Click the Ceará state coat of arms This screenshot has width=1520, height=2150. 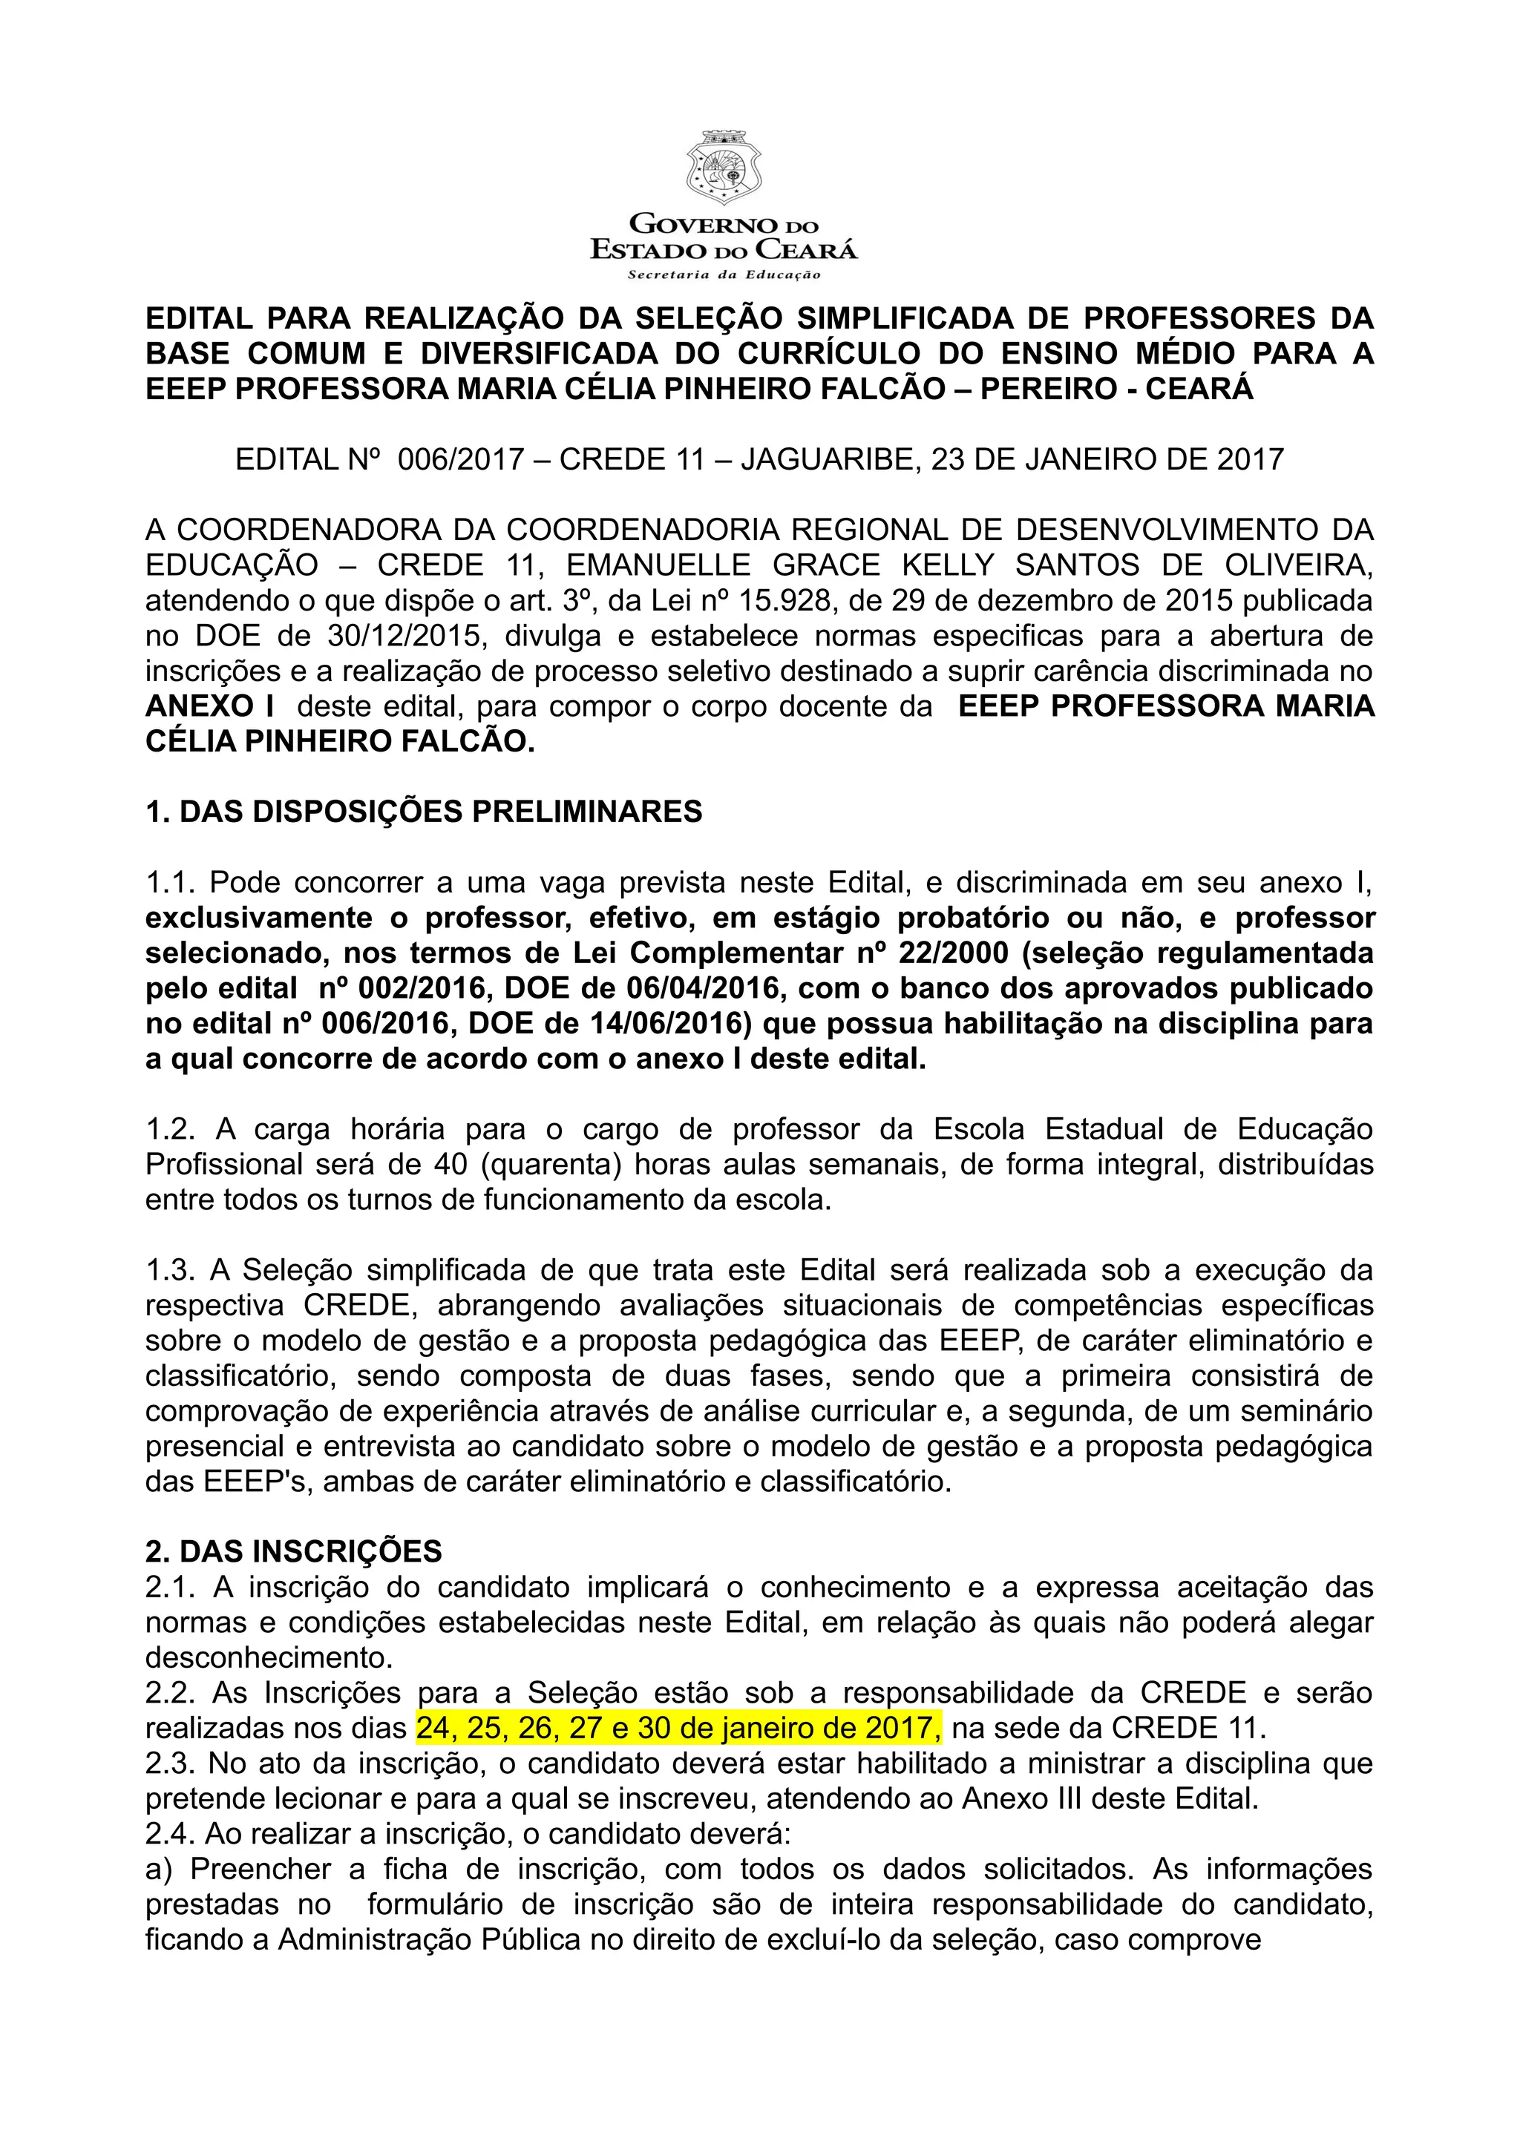point(723,168)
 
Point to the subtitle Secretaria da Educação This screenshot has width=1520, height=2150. point(723,274)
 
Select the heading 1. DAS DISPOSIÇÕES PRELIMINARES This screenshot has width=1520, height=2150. point(423,811)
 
